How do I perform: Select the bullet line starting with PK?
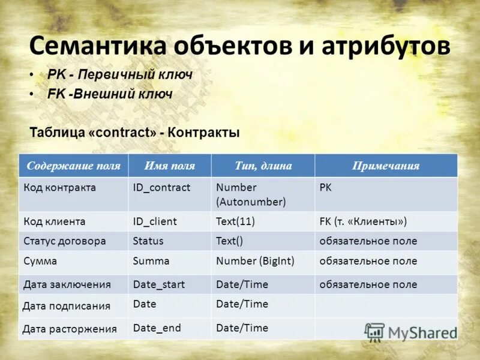tap(119, 75)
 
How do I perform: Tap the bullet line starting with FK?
tap(110, 94)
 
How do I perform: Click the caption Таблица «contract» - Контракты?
tap(134, 133)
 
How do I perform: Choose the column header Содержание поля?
tap(73, 166)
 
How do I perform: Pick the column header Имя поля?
tap(170, 166)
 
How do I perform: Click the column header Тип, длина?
tap(263, 166)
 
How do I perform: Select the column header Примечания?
tap(385, 166)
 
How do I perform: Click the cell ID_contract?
tap(161, 188)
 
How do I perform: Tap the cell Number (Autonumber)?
tap(251, 194)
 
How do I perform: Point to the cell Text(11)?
tap(235, 221)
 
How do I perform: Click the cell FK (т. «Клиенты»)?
tap(363, 221)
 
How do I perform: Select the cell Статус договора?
tap(65, 241)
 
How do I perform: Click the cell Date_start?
tap(159, 284)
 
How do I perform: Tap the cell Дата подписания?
tap(66, 306)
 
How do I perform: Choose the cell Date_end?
tap(157, 328)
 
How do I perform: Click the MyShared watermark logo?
tap(410, 332)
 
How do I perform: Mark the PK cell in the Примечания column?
tap(325, 188)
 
